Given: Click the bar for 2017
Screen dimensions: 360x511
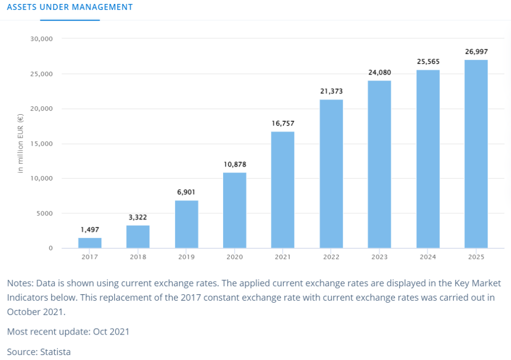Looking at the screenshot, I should (x=90, y=243).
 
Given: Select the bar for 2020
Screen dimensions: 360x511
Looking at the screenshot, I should (x=235, y=210).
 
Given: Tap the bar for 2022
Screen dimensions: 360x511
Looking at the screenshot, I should (x=331, y=174).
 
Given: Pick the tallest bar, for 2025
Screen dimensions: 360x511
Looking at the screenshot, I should (x=476, y=154).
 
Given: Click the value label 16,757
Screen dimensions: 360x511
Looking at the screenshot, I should (x=282, y=123).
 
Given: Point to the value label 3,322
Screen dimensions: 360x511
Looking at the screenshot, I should (x=138, y=217).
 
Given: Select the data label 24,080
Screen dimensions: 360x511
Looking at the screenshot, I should (x=379, y=72).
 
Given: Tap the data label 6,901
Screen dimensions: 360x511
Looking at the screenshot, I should (x=186, y=192).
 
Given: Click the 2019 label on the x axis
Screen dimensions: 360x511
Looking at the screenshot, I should (x=186, y=257).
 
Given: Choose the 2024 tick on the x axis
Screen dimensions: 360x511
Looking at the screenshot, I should (x=428, y=257).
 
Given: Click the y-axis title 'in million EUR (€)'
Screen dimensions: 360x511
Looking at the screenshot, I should (x=20, y=143).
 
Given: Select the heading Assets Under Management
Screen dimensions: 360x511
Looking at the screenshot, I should (x=70, y=7).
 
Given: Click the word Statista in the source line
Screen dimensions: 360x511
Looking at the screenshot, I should (x=55, y=352).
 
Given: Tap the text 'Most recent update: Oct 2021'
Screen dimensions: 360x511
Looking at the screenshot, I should (x=68, y=332).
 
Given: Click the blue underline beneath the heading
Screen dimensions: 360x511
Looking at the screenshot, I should (x=70, y=20).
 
